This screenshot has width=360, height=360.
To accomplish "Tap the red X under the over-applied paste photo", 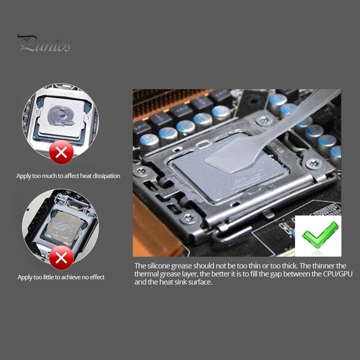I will pos(61,152).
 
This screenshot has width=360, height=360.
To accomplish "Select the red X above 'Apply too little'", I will pos(61,257).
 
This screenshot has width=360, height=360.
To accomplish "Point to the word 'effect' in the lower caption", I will pos(96,277).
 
